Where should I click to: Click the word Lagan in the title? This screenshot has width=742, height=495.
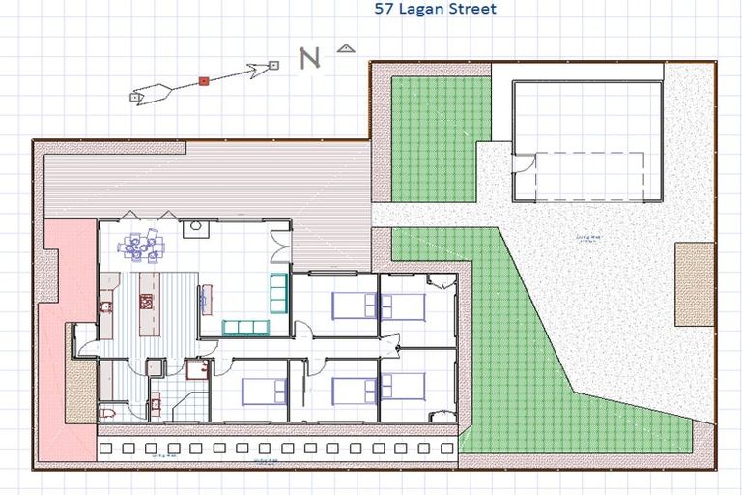pyautogui.click(x=417, y=10)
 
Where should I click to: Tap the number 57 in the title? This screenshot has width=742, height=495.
pyautogui.click(x=383, y=10)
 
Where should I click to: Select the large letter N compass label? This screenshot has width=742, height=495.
pyautogui.click(x=309, y=59)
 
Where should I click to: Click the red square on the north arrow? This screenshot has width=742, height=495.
pyautogui.click(x=204, y=81)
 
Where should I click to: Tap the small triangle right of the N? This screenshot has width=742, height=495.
pyautogui.click(x=346, y=46)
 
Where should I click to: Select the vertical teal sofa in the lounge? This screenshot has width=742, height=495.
pyautogui.click(x=278, y=292)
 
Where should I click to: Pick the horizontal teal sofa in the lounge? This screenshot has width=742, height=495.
pyautogui.click(x=246, y=327)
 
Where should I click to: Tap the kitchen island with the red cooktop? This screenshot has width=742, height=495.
pyautogui.click(x=147, y=301)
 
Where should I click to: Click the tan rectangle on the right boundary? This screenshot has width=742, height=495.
pyautogui.click(x=693, y=283)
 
